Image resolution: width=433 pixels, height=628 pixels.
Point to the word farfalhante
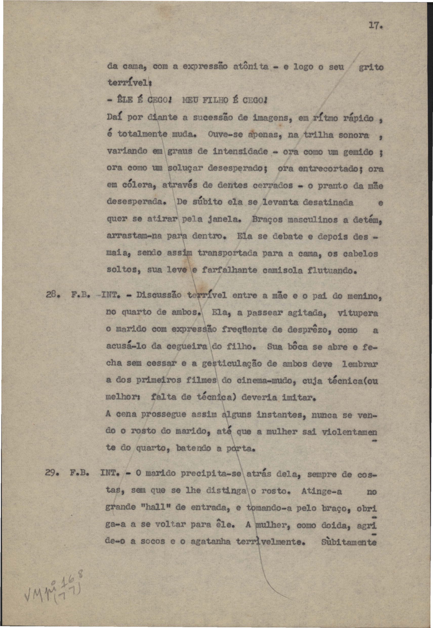pos(230,270)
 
